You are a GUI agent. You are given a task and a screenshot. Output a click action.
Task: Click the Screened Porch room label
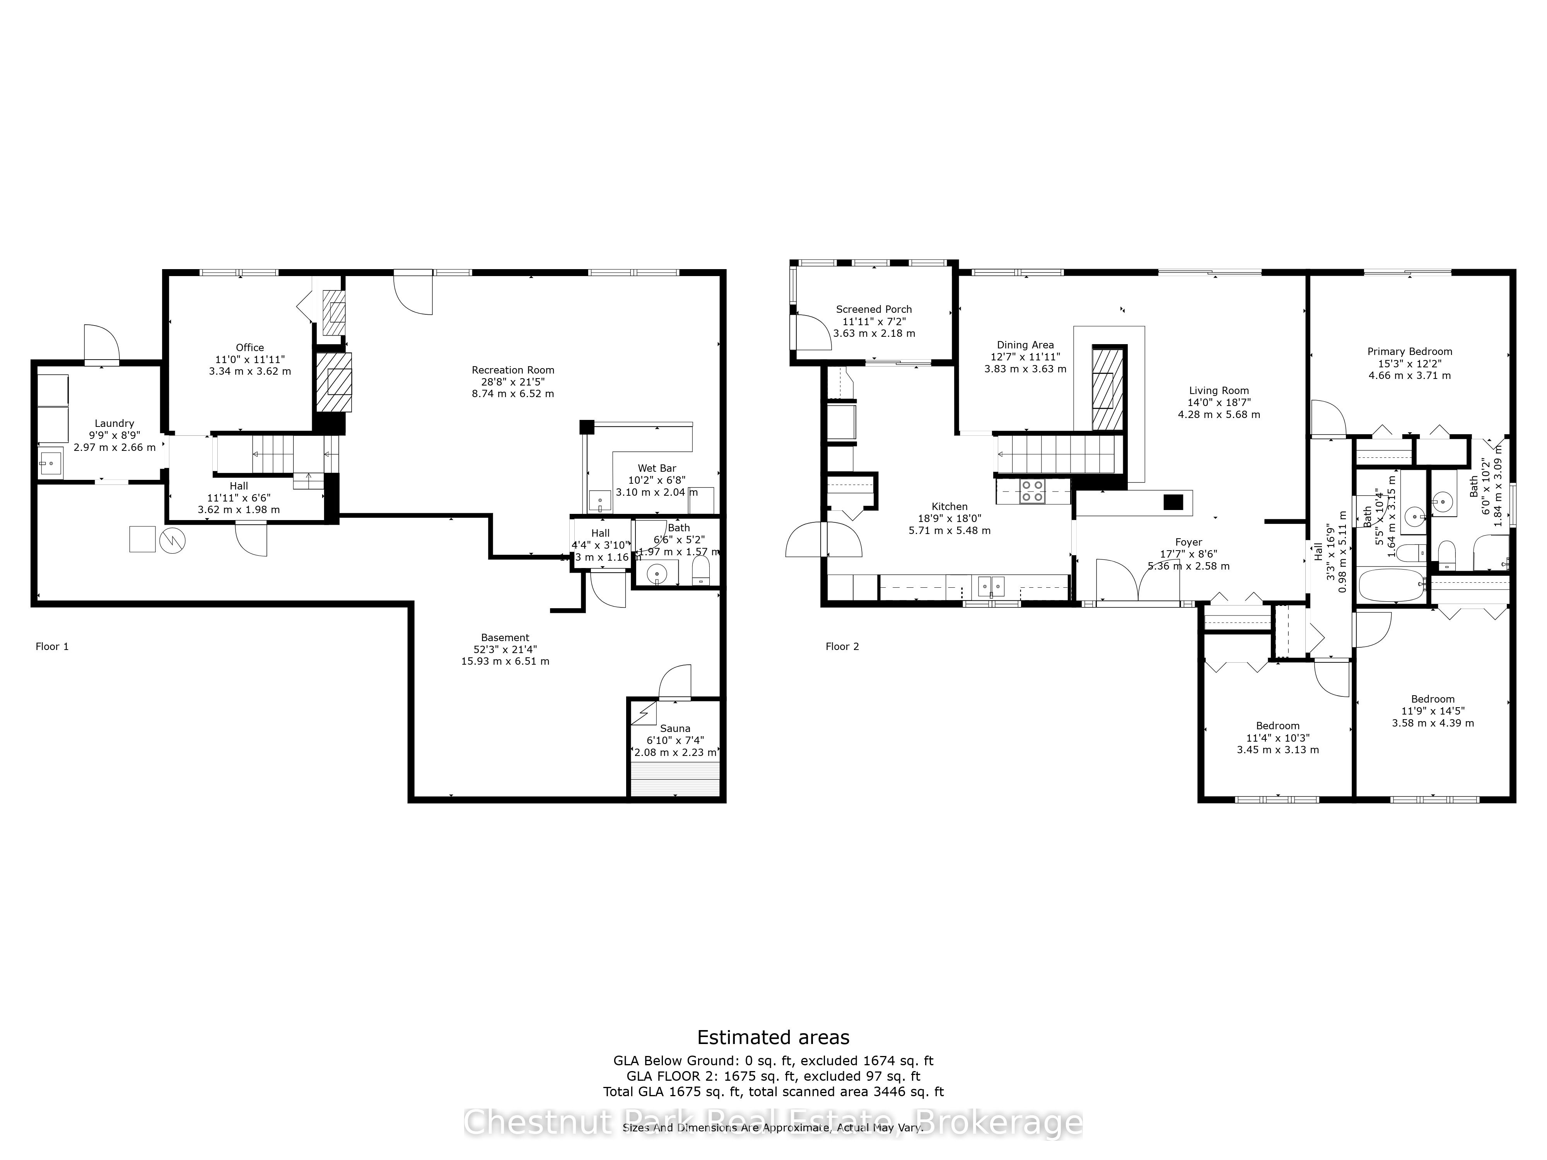click(x=874, y=309)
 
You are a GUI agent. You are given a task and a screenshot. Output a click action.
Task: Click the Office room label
click(x=250, y=348)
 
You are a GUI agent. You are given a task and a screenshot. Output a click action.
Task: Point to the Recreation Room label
click(x=512, y=370)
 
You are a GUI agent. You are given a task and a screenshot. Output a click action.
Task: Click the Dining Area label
click(x=1025, y=345)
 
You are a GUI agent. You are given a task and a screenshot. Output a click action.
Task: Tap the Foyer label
click(x=1188, y=542)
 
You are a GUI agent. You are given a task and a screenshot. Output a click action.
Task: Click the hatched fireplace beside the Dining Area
click(x=1108, y=388)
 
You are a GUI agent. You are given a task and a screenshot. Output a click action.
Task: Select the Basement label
click(x=505, y=638)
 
